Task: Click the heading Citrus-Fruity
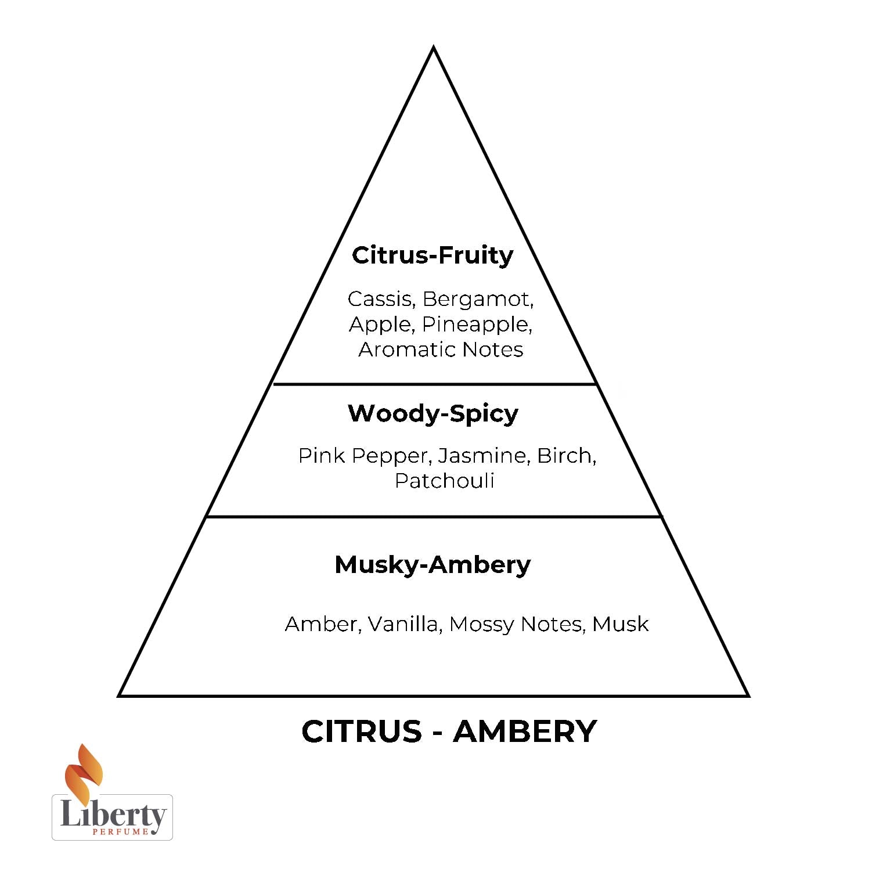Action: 433,255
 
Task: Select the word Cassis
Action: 380,299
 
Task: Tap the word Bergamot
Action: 477,299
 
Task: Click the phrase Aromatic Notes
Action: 441,349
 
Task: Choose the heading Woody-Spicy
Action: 433,414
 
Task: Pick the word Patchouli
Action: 444,481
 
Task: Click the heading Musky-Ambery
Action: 433,565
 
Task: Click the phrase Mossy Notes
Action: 516,624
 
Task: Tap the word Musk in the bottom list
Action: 620,624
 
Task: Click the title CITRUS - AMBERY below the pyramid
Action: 449,731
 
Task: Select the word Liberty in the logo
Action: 113,815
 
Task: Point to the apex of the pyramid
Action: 433,49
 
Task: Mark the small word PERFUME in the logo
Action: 120,833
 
